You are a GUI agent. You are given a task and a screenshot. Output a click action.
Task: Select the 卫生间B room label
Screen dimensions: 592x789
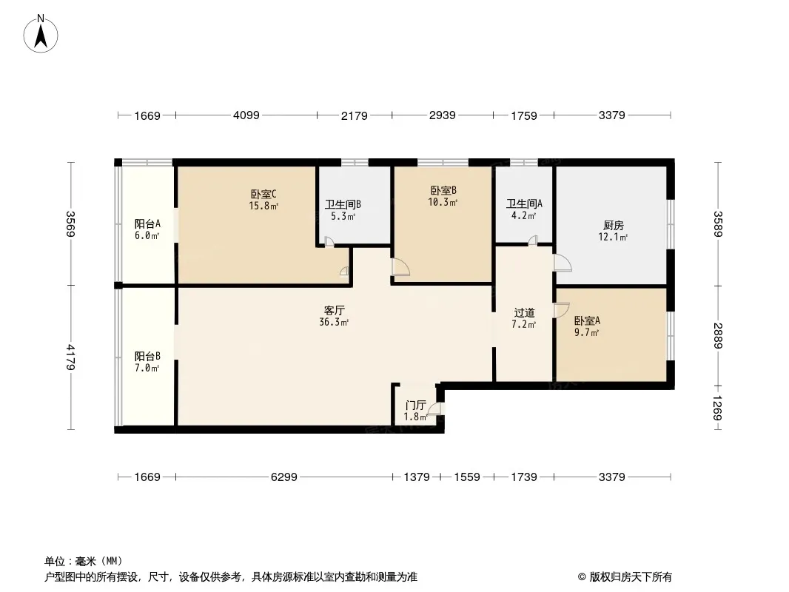point(343,205)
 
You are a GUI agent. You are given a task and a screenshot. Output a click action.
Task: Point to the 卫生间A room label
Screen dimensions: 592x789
point(524,204)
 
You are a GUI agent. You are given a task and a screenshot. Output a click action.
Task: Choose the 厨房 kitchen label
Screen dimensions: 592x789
point(613,226)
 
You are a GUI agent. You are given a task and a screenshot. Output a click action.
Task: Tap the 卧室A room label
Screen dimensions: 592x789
point(587,321)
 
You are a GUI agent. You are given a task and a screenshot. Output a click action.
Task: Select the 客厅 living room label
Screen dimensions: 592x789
point(335,311)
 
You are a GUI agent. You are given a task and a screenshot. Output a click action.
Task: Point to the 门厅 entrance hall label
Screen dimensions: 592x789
point(415,406)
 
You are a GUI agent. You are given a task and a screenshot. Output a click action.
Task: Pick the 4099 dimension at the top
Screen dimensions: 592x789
point(246,115)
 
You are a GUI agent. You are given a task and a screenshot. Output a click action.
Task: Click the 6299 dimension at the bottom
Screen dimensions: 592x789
point(283,477)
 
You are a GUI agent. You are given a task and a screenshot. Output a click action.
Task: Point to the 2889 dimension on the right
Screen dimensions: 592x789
point(717,335)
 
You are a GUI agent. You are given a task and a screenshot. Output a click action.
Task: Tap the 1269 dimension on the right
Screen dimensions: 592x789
point(717,407)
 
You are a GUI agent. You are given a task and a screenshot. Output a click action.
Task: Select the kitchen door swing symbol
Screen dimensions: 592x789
point(563,263)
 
